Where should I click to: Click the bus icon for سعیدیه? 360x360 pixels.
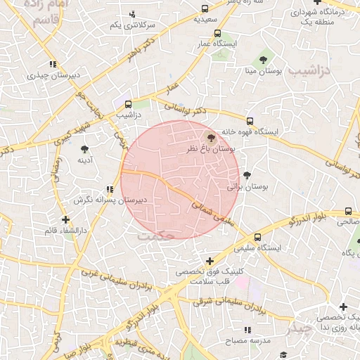205,9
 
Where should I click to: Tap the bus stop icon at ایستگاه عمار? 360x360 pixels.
217,33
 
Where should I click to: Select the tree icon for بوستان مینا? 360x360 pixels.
263,60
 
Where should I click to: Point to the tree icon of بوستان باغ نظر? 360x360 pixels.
212,138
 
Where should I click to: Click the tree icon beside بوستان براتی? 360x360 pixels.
246,175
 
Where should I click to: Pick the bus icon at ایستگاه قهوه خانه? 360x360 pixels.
250,121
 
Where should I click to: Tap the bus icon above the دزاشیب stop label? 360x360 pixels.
128,103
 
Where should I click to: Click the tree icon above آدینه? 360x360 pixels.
85,149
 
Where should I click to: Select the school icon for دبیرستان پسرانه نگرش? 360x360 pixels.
109,189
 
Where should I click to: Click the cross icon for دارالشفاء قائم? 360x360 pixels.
65,219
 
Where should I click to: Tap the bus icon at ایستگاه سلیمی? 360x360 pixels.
258,237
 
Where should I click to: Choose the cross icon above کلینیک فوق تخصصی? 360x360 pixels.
210,261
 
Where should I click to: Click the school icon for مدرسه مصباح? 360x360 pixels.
247,330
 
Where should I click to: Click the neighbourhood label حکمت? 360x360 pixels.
156,236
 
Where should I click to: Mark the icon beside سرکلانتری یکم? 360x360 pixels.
132,14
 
